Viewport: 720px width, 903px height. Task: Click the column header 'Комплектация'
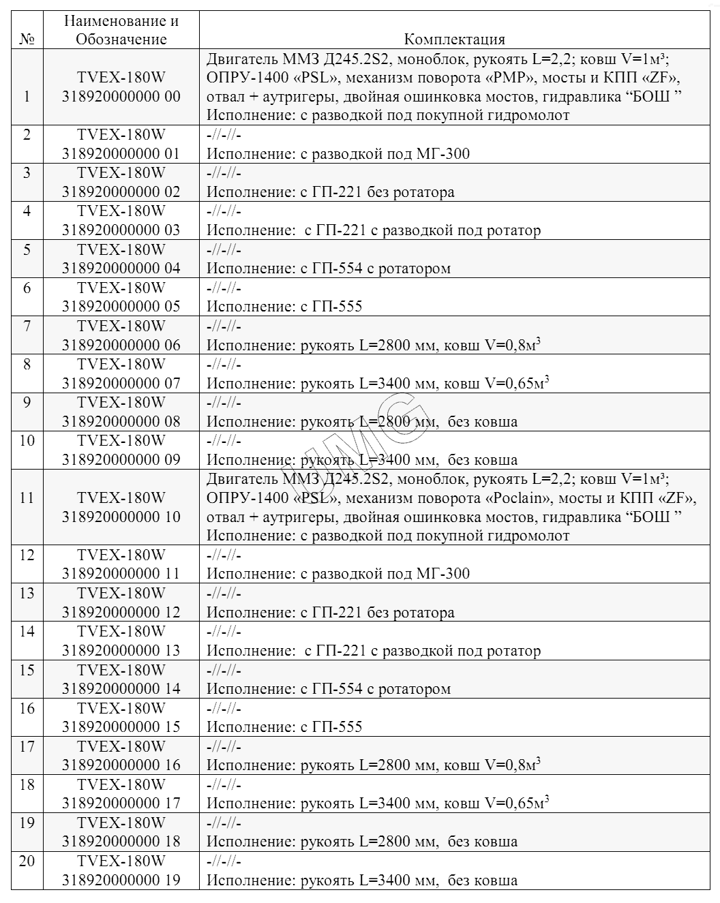coord(454,40)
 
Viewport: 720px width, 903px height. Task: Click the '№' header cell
coord(27,40)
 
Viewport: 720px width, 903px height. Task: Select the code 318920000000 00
coord(121,96)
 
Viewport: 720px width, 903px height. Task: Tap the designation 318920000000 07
coord(121,383)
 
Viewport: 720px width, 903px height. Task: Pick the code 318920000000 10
coord(121,517)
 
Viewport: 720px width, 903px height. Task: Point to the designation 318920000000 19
coord(121,880)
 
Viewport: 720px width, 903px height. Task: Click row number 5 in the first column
coord(27,249)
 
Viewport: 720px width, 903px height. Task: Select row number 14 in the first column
coord(27,631)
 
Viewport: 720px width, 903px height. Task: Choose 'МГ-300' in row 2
coord(442,154)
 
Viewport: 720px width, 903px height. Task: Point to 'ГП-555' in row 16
coord(337,727)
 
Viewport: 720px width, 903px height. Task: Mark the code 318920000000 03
coord(121,230)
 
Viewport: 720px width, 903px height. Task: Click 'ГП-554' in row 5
coord(337,269)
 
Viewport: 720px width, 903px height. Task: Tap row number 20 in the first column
coord(27,861)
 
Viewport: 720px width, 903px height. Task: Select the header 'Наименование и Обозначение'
coord(121,30)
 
